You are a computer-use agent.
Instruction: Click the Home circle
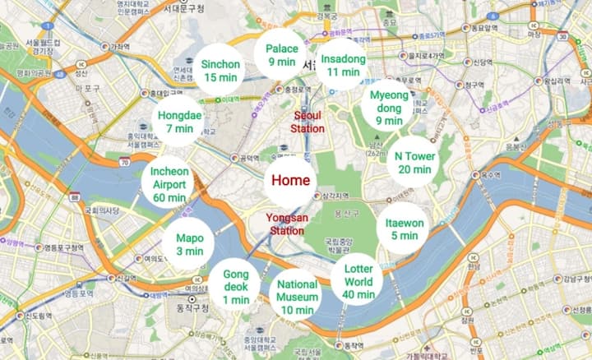(x=290, y=181)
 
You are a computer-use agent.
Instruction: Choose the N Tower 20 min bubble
(x=414, y=163)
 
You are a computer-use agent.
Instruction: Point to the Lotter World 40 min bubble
(x=358, y=281)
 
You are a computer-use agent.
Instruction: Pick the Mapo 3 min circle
(x=189, y=245)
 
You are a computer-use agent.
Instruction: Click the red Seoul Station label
(x=308, y=122)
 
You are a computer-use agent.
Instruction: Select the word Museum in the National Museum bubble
(x=297, y=297)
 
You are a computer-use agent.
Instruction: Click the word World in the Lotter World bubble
(x=358, y=281)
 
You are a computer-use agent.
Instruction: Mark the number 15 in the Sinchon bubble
(x=211, y=77)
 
